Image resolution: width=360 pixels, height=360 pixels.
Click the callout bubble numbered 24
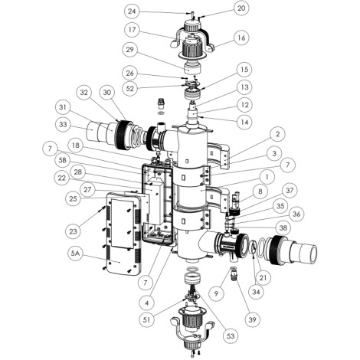(x=132, y=11)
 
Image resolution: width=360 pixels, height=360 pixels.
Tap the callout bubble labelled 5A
(x=74, y=254)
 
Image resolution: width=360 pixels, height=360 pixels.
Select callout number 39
(x=252, y=319)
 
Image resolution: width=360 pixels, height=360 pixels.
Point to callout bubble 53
(x=231, y=335)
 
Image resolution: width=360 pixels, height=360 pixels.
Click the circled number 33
(x=63, y=124)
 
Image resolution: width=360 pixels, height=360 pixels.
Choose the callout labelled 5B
(x=62, y=160)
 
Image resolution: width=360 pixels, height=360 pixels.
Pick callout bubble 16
(x=241, y=38)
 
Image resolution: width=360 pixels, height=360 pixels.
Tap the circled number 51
(x=147, y=320)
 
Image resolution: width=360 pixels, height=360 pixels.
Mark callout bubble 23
(x=74, y=231)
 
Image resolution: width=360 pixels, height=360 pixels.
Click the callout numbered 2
(x=277, y=134)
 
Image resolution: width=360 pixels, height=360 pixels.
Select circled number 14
(x=244, y=122)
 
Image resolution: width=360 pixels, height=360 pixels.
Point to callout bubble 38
(x=283, y=227)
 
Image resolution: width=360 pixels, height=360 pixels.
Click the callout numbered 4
(x=147, y=303)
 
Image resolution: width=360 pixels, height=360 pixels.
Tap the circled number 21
(x=263, y=277)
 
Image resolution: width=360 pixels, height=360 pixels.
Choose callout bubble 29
(x=130, y=49)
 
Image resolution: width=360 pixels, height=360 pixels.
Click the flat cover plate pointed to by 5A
(x=123, y=234)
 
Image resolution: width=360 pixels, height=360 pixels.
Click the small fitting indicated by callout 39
(x=234, y=277)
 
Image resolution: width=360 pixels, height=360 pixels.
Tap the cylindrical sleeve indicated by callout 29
(x=191, y=69)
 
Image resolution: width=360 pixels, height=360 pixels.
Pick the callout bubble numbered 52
(x=130, y=89)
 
